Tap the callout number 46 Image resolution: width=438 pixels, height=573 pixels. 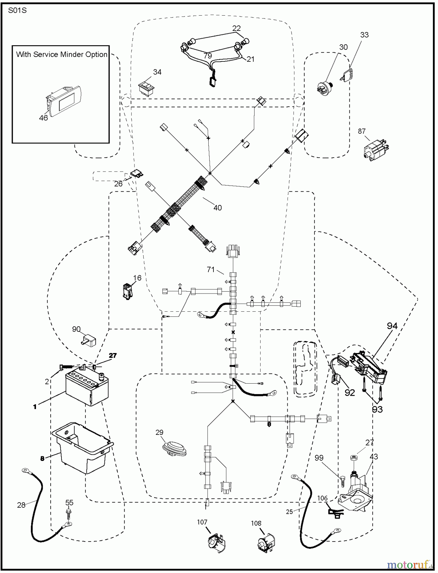43,118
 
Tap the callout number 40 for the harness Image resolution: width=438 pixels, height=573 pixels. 218,208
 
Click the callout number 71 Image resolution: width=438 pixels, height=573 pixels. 211,270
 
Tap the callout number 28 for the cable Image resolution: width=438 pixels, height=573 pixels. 21,505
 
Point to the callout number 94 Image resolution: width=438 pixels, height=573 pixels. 392,326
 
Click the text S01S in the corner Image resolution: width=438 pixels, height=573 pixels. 17,11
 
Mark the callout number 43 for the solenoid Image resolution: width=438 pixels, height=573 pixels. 373,457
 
